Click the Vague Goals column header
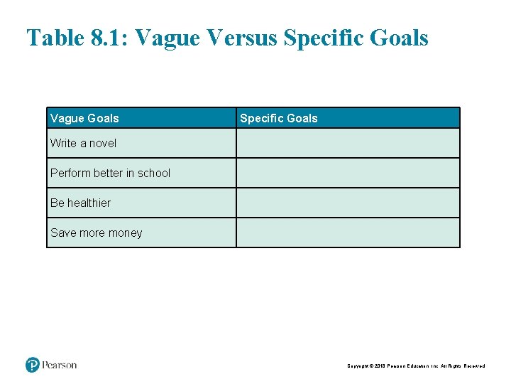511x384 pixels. [84, 118]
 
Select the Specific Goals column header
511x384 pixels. [279, 118]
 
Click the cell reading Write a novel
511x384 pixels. [83, 143]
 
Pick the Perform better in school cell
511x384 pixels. [110, 173]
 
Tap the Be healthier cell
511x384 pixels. [80, 203]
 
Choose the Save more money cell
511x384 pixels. [96, 233]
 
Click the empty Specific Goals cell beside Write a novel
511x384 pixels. [348, 143]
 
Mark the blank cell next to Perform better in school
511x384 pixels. [348, 173]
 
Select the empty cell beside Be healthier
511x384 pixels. [348, 203]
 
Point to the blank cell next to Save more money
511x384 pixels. [348, 233]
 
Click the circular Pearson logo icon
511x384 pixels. [33, 366]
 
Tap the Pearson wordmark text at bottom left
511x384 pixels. [60, 366]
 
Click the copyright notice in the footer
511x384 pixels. [416, 366]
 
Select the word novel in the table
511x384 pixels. [103, 143]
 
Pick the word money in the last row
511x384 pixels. [126, 233]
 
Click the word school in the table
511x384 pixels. [154, 173]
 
